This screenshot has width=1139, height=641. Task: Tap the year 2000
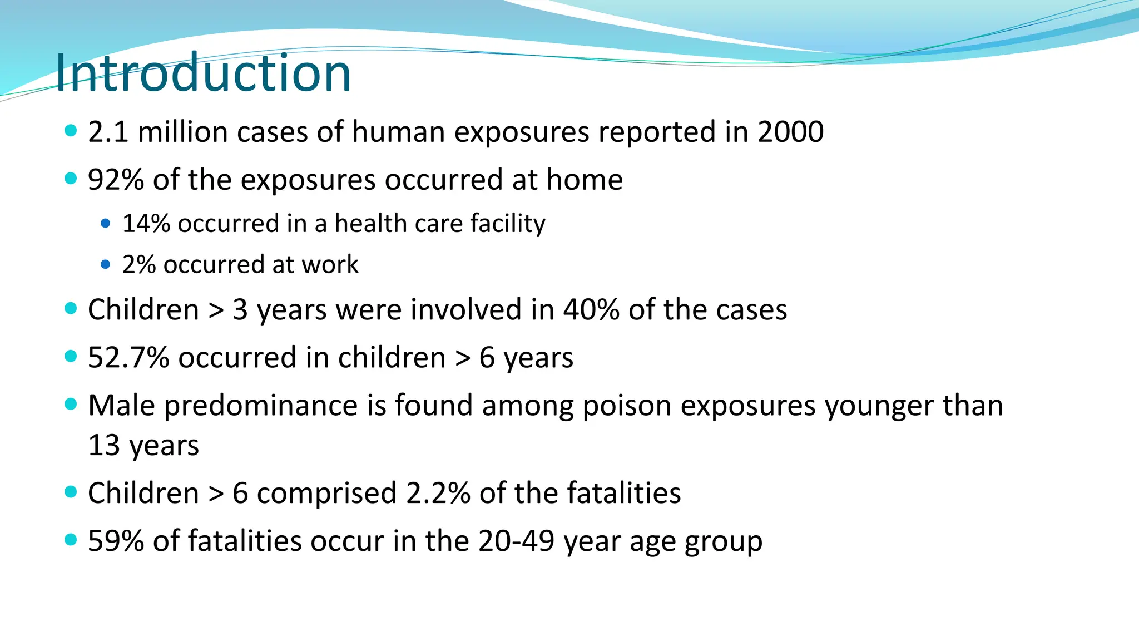pyautogui.click(x=790, y=132)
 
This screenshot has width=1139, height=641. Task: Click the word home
pyautogui.click(x=585, y=180)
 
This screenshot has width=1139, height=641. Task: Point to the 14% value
pyautogui.click(x=146, y=224)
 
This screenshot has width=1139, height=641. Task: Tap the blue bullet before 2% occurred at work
pyautogui.click(x=106, y=264)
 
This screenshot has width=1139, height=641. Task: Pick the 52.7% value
pyautogui.click(x=128, y=358)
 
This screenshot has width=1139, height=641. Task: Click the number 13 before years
pyautogui.click(x=104, y=446)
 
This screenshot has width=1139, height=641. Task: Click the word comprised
pyautogui.click(x=326, y=494)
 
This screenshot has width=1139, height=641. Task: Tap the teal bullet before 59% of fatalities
pyautogui.click(x=71, y=539)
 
